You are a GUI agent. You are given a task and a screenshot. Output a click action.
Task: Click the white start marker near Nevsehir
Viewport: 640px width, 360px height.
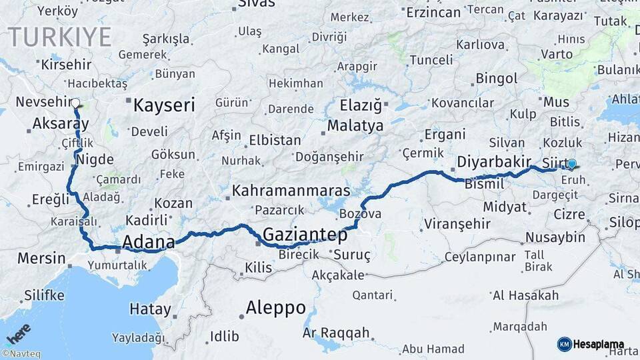[x=75, y=103]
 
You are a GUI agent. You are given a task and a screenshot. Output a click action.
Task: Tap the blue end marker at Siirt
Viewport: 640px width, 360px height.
[x=571, y=163]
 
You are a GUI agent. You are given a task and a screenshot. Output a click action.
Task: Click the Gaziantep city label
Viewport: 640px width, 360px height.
[x=305, y=235]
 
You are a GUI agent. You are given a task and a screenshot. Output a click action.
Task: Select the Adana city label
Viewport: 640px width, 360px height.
[x=148, y=241]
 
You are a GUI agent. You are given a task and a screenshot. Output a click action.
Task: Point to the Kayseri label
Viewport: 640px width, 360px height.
[x=164, y=105]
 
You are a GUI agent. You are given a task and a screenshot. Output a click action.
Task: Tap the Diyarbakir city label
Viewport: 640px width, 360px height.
[x=494, y=162]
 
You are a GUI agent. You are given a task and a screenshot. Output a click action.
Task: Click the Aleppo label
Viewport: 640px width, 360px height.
[x=275, y=308]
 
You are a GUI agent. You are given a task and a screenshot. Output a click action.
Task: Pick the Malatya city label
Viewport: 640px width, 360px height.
[x=355, y=126]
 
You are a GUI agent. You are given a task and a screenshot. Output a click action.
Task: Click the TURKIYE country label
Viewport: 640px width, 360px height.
[x=59, y=37]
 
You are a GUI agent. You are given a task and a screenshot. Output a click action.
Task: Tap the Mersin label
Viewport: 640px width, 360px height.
[x=41, y=259]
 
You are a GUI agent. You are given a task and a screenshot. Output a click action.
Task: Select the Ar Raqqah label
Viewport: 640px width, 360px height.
[x=335, y=332]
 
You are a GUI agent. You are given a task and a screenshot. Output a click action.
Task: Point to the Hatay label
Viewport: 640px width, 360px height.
[x=150, y=309]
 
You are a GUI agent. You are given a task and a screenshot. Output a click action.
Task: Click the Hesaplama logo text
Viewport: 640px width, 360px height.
[x=597, y=345]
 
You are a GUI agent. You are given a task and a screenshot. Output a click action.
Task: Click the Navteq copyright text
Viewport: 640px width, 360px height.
[x=23, y=354]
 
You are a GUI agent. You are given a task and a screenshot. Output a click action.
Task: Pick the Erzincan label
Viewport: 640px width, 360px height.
[x=433, y=13]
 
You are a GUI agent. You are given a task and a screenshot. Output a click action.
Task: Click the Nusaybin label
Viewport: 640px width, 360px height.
[x=555, y=237]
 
